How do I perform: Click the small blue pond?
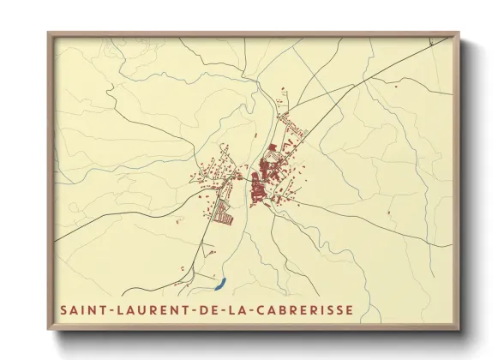[x=219, y=281]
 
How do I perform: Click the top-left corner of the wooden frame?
[x=49, y=33]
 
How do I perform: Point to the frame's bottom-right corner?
[x=459, y=330]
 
